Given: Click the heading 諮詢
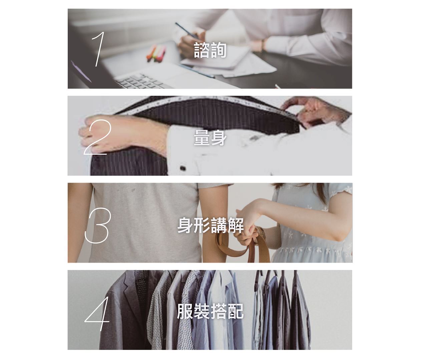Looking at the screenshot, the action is tap(210, 50).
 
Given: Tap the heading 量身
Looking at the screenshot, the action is tap(210, 138).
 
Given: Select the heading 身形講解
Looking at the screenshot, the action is tap(210, 225).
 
